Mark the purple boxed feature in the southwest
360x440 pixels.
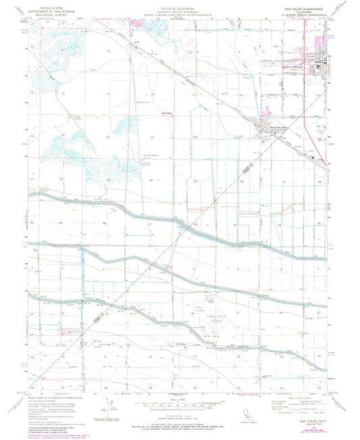coord(66,333)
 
